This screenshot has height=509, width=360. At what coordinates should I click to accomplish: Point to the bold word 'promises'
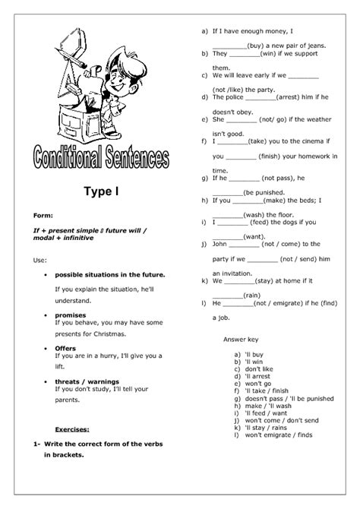point(71,314)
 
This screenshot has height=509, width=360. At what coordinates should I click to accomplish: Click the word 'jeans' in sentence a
point(314,46)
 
